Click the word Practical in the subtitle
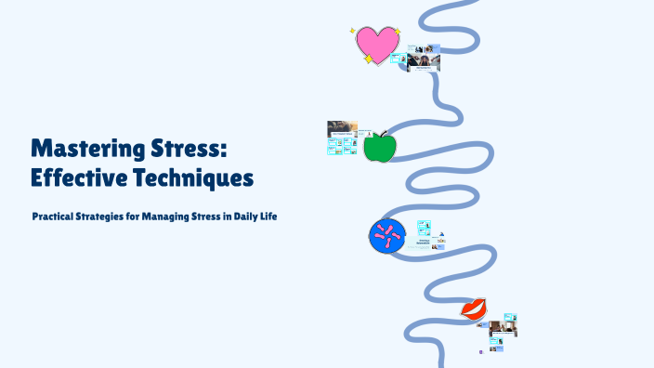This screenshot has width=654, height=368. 56,217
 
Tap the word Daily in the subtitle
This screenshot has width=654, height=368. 245,217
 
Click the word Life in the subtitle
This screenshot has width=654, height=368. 270,217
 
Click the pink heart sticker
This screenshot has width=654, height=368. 377,43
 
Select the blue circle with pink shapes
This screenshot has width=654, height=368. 386,236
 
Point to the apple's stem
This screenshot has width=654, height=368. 383,134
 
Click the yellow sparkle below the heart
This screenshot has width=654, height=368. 369,59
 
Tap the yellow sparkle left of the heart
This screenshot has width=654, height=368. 353,31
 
